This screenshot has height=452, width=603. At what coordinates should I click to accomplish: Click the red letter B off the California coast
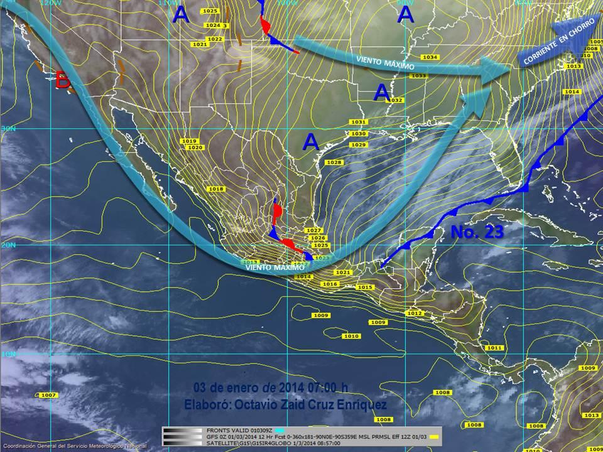(62, 80)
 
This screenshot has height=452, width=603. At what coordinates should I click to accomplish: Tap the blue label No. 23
(477, 232)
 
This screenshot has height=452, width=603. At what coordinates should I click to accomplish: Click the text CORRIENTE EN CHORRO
(559, 47)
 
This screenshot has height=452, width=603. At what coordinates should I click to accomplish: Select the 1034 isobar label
(430, 57)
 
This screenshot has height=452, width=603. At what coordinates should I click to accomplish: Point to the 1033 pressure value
(419, 76)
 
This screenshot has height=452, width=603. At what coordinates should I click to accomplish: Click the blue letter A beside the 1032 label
(381, 92)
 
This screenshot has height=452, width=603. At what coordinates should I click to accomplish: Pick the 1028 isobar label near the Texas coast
(335, 163)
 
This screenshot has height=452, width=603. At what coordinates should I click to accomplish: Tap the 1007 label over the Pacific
(48, 395)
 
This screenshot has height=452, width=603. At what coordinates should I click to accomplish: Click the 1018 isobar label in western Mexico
(216, 189)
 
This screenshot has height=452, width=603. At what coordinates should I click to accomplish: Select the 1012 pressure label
(414, 313)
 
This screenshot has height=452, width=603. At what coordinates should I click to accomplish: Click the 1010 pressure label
(351, 336)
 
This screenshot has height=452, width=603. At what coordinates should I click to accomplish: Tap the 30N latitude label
(8, 128)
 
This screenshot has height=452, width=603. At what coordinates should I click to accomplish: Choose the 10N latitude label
(8, 355)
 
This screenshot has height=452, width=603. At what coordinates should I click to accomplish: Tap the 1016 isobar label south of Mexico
(330, 284)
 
